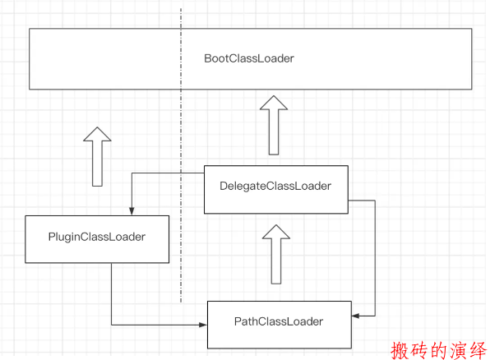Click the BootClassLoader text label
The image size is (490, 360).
pyautogui.click(x=249, y=58)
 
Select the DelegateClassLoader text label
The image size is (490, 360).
pyautogui.click(x=275, y=187)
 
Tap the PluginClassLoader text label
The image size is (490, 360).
pyautogui.click(x=97, y=238)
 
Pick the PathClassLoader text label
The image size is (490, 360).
pyautogui.click(x=279, y=321)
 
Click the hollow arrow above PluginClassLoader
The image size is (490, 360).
pyautogui.click(x=97, y=156)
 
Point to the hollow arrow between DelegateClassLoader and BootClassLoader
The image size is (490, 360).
pyautogui.click(x=274, y=125)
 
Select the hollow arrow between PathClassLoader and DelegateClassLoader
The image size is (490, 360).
pyautogui.click(x=276, y=254)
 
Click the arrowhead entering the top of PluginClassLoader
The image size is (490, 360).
pyautogui.click(x=132, y=211)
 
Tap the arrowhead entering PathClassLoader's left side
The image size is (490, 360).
pyautogui.click(x=203, y=325)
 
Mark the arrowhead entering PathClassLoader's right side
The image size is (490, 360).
pyautogui.click(x=356, y=316)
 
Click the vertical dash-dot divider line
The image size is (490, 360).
pyautogui.click(x=181, y=155)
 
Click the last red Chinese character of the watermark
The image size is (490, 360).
pyautogui.click(x=478, y=351)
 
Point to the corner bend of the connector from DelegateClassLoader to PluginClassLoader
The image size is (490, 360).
pyautogui.click(x=132, y=173)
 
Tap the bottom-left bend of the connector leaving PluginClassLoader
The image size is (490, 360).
pyautogui.click(x=112, y=325)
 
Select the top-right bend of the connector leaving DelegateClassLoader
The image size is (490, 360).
pyautogui.click(x=375, y=201)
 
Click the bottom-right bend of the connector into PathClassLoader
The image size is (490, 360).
pyautogui.click(x=375, y=316)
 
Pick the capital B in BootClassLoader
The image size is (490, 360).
pyautogui.click(x=208, y=58)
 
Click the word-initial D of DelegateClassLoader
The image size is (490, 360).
pyautogui.click(x=224, y=186)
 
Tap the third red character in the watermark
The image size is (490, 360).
pyautogui.click(x=439, y=351)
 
